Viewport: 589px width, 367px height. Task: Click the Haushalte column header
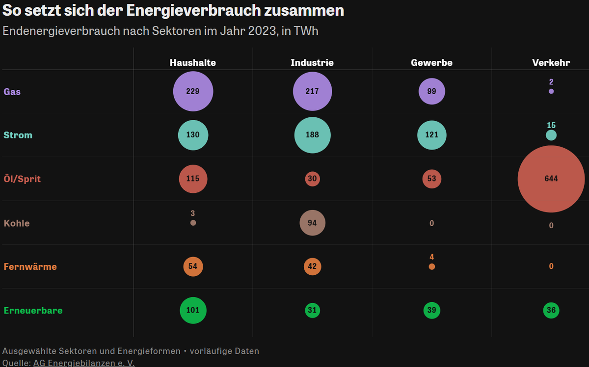(x=193, y=63)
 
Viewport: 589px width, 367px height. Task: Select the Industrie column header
(x=312, y=63)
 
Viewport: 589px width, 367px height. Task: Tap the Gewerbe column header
(x=431, y=63)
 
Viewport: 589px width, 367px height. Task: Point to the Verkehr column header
(x=551, y=63)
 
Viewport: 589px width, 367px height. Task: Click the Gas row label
(x=12, y=92)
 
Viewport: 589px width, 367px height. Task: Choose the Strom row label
(x=18, y=135)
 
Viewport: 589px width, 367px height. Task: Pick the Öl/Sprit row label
(x=22, y=179)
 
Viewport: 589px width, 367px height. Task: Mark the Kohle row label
(x=17, y=223)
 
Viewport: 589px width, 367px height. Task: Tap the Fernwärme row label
(x=30, y=267)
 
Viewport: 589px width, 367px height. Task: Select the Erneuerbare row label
(x=33, y=311)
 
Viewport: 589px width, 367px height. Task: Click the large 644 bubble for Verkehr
(x=551, y=179)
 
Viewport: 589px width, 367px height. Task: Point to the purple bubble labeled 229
(x=193, y=92)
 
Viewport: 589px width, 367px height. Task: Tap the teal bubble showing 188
(x=312, y=135)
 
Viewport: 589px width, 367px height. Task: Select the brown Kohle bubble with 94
(x=312, y=223)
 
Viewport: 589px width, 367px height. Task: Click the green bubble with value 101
(x=193, y=311)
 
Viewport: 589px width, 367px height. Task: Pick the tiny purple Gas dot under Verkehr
(x=551, y=91)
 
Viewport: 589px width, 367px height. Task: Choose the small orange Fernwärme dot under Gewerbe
(x=431, y=267)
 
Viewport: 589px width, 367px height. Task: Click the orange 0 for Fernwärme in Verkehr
(x=551, y=266)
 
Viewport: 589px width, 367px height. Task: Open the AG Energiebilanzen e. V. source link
(x=83, y=363)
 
